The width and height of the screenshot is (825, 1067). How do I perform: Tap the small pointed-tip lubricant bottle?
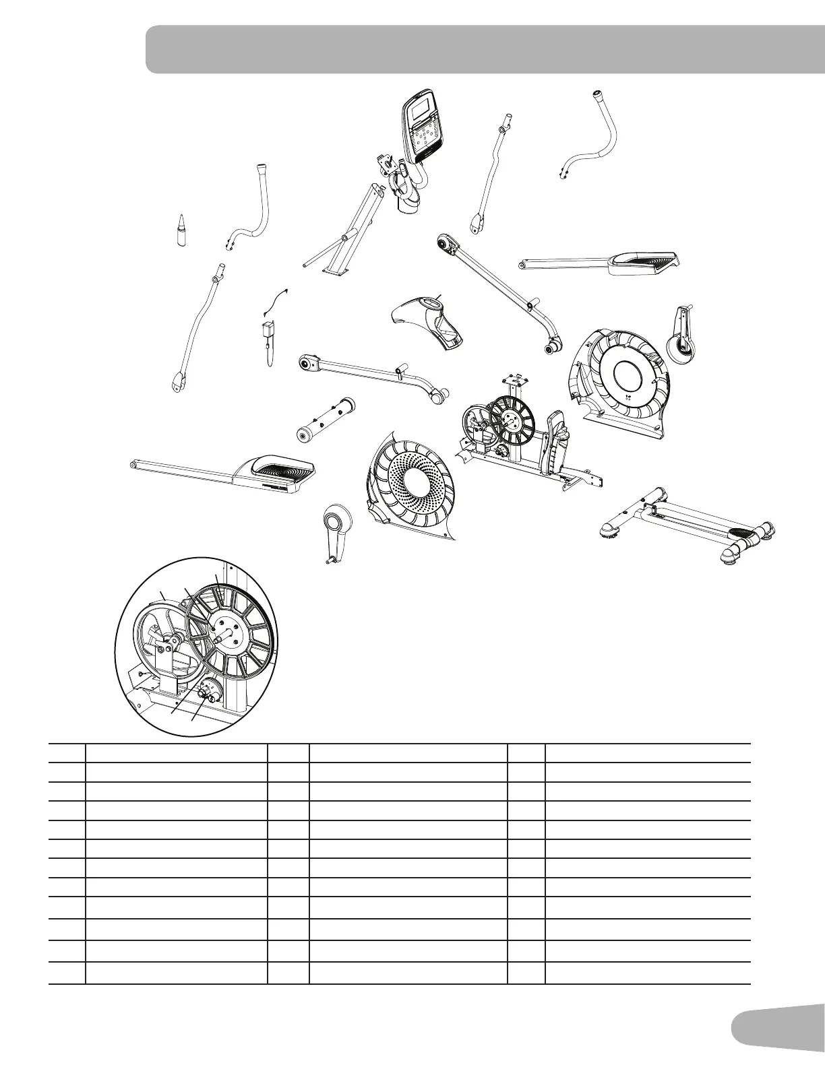coord(181,231)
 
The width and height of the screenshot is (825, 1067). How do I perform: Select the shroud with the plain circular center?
coord(623,374)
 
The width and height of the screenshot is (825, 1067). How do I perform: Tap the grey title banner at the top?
coord(485,49)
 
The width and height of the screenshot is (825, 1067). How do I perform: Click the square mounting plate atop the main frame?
coord(516,377)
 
